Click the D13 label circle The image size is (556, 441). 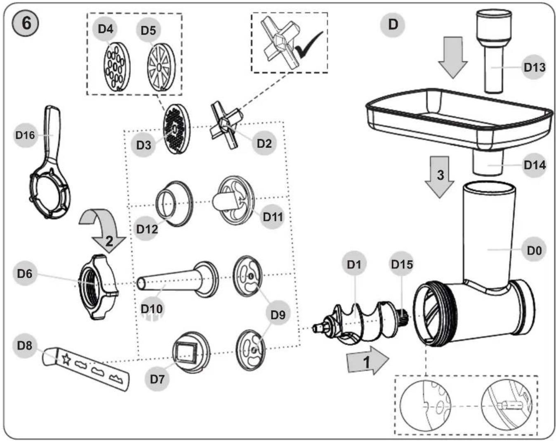click(x=534, y=67)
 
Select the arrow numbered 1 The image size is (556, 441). click(x=368, y=360)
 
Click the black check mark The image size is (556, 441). click(x=309, y=46)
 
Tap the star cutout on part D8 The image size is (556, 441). click(x=66, y=359)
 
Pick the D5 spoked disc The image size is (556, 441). click(x=161, y=67)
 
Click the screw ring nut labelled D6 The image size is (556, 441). click(x=99, y=287)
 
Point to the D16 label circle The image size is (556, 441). click(x=25, y=135)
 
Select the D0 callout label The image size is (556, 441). click(x=534, y=250)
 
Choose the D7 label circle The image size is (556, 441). click(x=157, y=379)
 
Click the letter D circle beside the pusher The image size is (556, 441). click(x=393, y=25)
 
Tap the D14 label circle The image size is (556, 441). click(x=534, y=165)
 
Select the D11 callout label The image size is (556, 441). click(x=273, y=217)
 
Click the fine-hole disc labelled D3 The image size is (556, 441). click(x=177, y=129)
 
